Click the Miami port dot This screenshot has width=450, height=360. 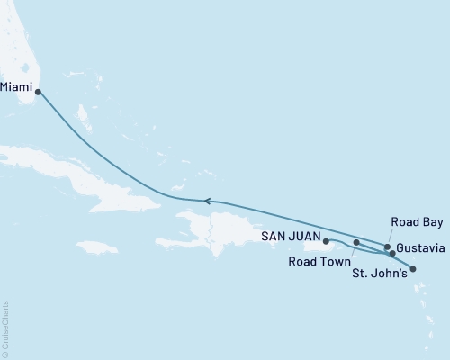38,91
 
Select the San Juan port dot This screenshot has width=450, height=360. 326,241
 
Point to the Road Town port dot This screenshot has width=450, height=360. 357,242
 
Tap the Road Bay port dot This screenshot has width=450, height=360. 387,247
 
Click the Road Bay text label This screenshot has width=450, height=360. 415,221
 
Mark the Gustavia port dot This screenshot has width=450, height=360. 392,253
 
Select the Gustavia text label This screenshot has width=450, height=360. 421,247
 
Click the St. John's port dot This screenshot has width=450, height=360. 413,267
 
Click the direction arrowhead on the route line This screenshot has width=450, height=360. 207,201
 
